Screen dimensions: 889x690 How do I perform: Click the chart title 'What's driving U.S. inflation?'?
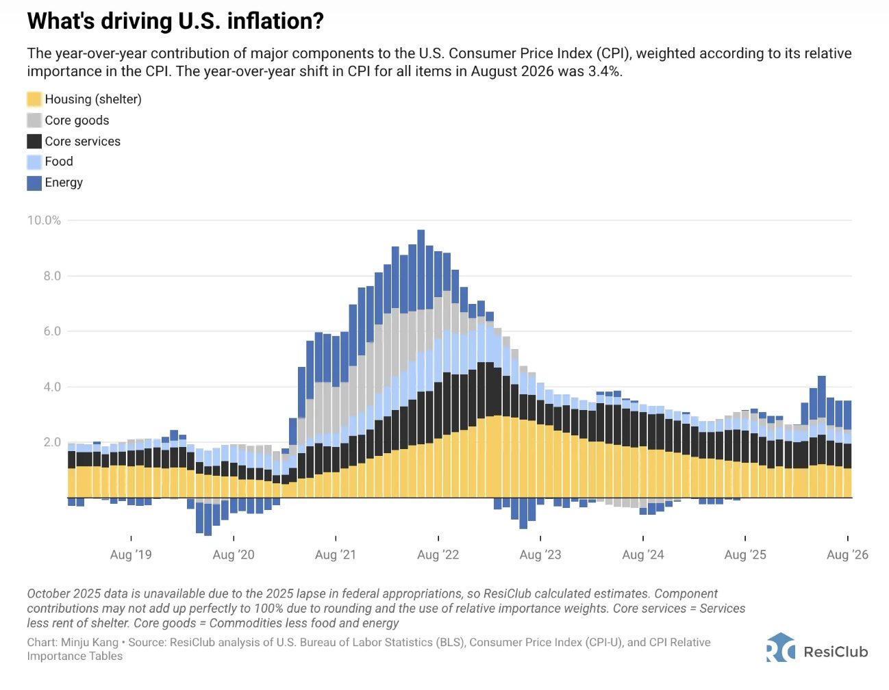(x=175, y=21)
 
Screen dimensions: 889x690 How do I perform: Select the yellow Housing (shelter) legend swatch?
(x=34, y=99)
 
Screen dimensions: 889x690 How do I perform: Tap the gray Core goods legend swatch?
(x=34, y=120)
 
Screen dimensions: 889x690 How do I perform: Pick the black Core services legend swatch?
(x=34, y=141)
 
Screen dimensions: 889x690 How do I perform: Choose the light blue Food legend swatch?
(x=34, y=162)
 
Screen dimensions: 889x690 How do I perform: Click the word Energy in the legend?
(x=64, y=182)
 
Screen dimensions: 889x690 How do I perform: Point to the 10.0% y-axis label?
(x=44, y=220)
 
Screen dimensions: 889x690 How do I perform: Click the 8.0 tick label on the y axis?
(x=52, y=276)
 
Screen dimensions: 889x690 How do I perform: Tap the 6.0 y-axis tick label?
(x=52, y=331)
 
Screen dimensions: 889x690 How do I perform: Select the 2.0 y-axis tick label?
(x=52, y=442)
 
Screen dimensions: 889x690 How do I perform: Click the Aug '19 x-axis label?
(x=131, y=554)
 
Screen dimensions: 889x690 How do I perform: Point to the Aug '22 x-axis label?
(x=438, y=554)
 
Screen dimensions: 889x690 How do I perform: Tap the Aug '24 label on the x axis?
(x=643, y=554)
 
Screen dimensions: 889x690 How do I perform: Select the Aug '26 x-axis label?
(x=848, y=554)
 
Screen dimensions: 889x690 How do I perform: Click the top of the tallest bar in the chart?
(x=421, y=230)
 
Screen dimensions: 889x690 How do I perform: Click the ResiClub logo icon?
(x=781, y=648)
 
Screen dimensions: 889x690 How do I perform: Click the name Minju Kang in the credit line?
(x=90, y=642)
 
